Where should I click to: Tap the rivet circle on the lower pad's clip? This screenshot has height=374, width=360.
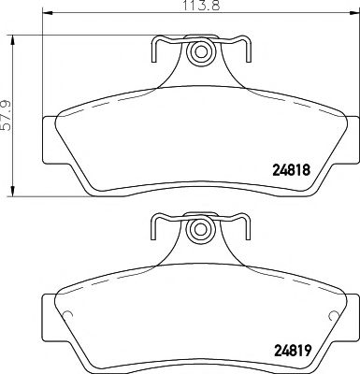[197, 229]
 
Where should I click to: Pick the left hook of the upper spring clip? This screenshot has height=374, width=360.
[156, 47]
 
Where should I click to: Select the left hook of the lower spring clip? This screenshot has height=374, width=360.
[156, 223]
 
